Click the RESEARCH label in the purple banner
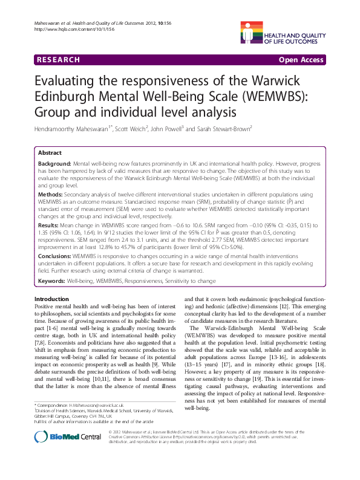pos(58,60)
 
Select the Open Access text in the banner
pos(302,60)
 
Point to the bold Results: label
pos(48,224)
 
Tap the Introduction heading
pos(56,300)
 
